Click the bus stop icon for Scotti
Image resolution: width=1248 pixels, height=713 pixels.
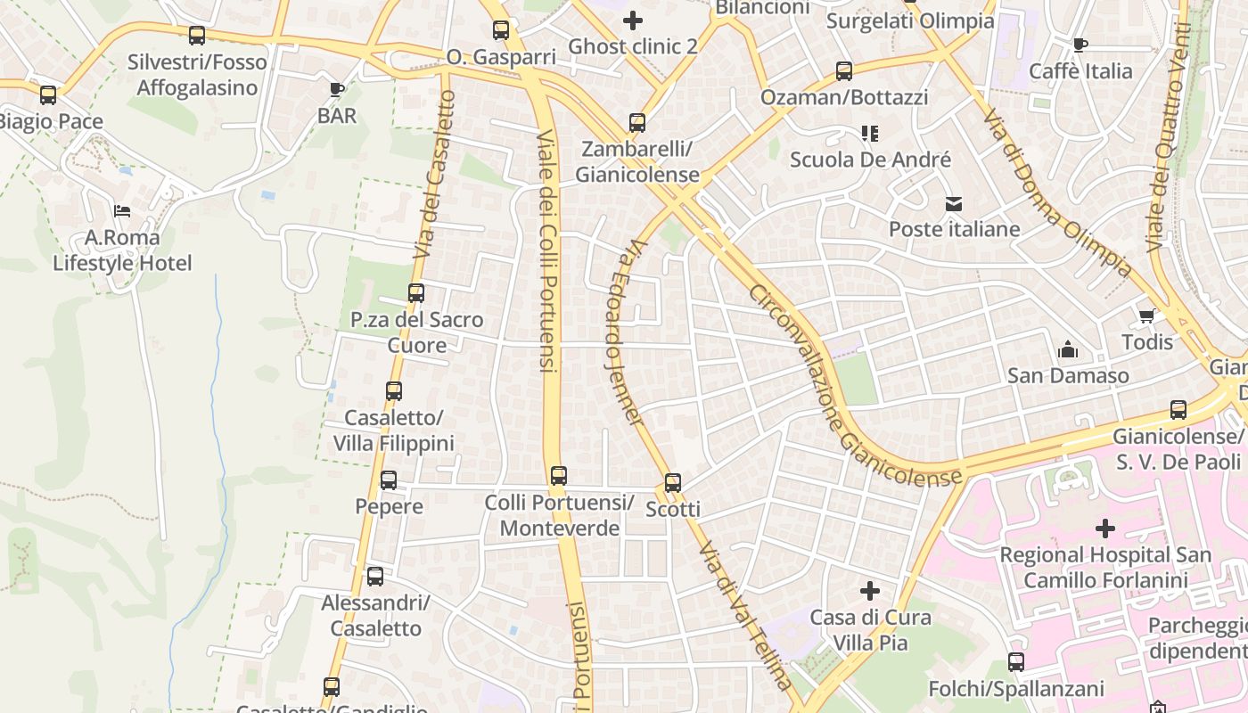[x=673, y=483]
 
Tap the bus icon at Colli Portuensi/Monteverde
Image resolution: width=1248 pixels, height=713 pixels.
[x=559, y=476]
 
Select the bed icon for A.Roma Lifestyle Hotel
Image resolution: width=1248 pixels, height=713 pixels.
[x=122, y=211]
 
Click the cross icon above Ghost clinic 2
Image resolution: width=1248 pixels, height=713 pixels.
[x=633, y=20]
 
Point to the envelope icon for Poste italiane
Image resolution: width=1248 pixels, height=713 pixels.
[x=954, y=204]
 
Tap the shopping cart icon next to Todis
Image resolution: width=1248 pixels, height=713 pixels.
[x=1147, y=316]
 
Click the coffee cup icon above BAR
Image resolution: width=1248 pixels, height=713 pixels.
[x=337, y=89]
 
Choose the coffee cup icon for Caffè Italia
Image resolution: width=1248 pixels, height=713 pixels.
[x=1080, y=45]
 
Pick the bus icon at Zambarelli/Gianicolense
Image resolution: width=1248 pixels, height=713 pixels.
[x=636, y=123]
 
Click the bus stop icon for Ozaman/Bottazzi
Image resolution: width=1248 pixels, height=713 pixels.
[x=843, y=71]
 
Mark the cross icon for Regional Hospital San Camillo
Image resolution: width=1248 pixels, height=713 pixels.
[x=1105, y=529]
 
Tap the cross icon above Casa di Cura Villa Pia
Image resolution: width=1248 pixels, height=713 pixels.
[x=870, y=591]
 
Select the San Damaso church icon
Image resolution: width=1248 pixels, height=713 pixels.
[x=1067, y=350]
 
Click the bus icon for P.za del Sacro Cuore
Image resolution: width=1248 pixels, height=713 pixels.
[x=416, y=292]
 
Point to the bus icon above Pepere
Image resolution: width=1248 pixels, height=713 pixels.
[x=389, y=480]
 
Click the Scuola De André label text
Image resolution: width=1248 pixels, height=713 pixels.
[x=870, y=160]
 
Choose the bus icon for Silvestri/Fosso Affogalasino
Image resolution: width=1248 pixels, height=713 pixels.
[x=197, y=36]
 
